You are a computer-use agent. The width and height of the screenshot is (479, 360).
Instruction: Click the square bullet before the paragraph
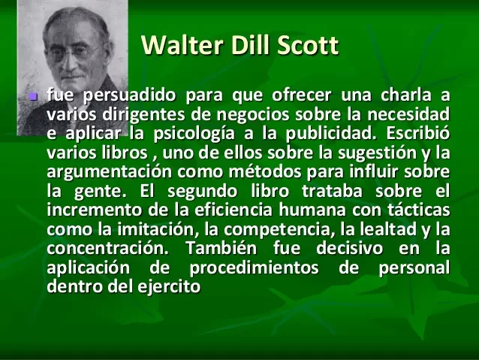(30, 98)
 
